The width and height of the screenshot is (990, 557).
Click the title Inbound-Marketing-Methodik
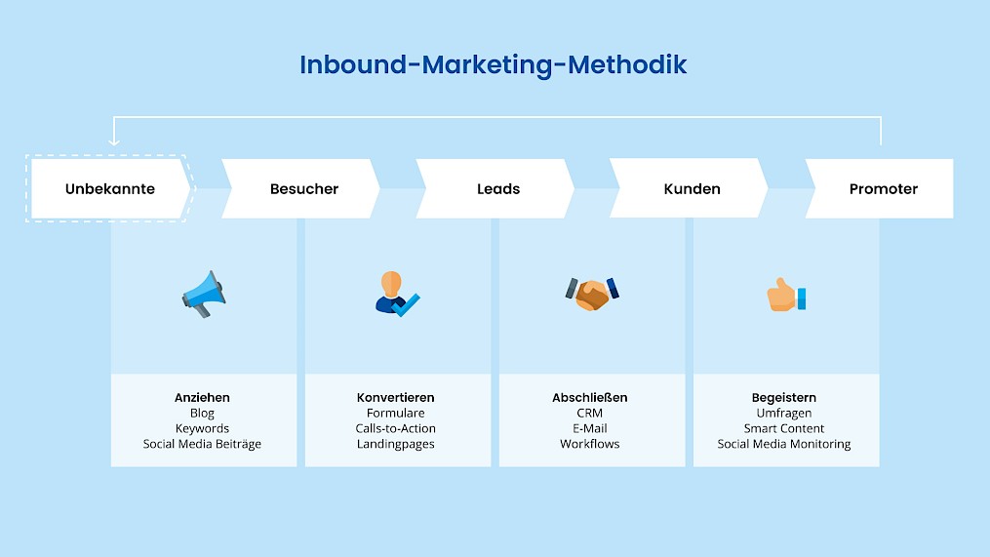pyautogui.click(x=493, y=64)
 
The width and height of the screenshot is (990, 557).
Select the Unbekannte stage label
pyautogui.click(x=110, y=188)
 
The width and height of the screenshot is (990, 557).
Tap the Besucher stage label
pyautogui.click(x=303, y=188)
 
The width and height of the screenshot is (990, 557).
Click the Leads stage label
pyautogui.click(x=498, y=188)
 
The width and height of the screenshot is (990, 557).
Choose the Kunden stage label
pyautogui.click(x=692, y=188)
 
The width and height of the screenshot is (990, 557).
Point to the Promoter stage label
pyautogui.click(x=883, y=188)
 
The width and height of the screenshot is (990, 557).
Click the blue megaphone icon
pyautogui.click(x=203, y=292)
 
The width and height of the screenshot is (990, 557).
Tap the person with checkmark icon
pyautogui.click(x=396, y=294)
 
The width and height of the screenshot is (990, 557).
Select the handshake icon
pyautogui.click(x=591, y=293)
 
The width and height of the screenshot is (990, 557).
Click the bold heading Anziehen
pyautogui.click(x=202, y=398)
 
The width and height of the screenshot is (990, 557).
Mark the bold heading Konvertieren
pyautogui.click(x=395, y=398)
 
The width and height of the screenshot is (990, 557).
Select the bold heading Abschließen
pyautogui.click(x=589, y=398)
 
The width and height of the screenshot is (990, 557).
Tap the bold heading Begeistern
pyautogui.click(x=783, y=398)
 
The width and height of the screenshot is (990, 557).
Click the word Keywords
pyautogui.click(x=202, y=428)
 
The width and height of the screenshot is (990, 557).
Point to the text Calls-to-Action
pyautogui.click(x=395, y=428)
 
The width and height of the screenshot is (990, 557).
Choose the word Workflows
pyautogui.click(x=589, y=444)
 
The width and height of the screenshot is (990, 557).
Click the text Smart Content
pyautogui.click(x=783, y=428)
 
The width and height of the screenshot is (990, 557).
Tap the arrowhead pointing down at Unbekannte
pyautogui.click(x=113, y=141)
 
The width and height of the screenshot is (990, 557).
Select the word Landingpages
pyautogui.click(x=395, y=444)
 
